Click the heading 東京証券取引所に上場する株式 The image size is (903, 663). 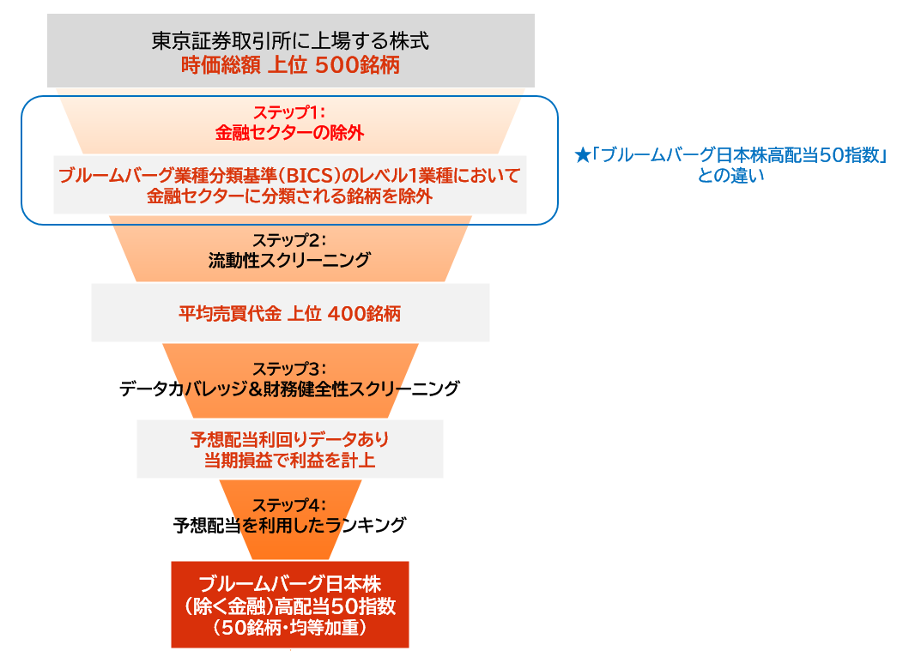pyautogui.click(x=290, y=41)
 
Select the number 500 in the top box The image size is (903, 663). pyautogui.click(x=336, y=65)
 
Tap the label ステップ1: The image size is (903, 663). pyautogui.click(x=289, y=112)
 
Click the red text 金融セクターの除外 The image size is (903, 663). pyautogui.click(x=289, y=132)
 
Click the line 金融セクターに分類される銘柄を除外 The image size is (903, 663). pyautogui.click(x=289, y=196)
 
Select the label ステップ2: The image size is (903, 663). pyautogui.click(x=289, y=239)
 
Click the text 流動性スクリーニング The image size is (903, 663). pyautogui.click(x=289, y=260)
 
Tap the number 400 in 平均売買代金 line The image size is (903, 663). pyautogui.click(x=348, y=314)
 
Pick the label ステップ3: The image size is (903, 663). pyautogui.click(x=289, y=368)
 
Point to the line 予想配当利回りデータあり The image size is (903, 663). pyautogui.click(x=289, y=440)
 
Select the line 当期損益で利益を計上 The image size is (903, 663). pyautogui.click(x=289, y=461)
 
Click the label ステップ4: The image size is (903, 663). pyautogui.click(x=289, y=504)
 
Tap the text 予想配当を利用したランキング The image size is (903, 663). pyautogui.click(x=289, y=525)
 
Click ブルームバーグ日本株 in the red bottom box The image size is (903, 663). pyautogui.click(x=289, y=584)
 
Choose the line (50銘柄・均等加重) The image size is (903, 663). pyautogui.click(x=289, y=627)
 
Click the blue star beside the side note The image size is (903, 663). pyautogui.click(x=582, y=155)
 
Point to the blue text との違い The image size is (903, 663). pyautogui.click(x=730, y=176)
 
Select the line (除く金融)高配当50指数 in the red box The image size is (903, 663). pyautogui.click(x=289, y=606)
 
